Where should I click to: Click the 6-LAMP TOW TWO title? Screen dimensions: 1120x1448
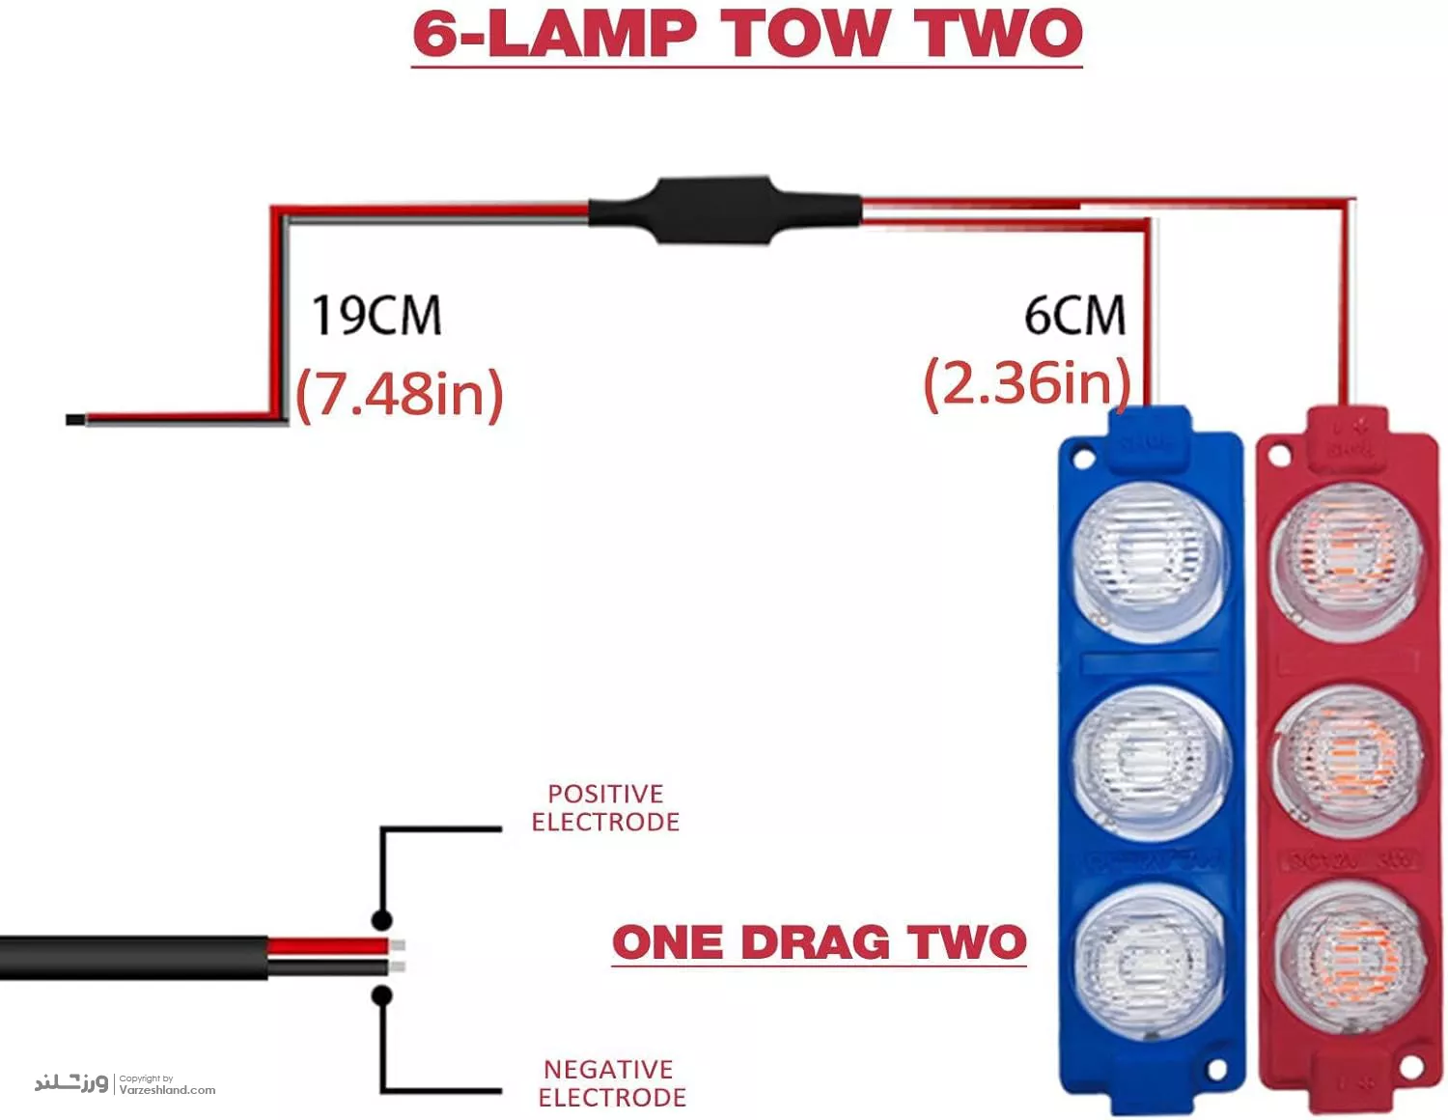(x=747, y=34)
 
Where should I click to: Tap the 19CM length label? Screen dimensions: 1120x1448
(x=376, y=316)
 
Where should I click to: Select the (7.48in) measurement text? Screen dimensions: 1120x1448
(x=400, y=393)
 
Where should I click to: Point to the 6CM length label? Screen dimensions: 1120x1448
(x=1074, y=316)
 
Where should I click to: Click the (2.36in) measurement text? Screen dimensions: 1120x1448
(x=1026, y=383)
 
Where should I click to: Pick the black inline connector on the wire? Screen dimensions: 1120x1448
(x=724, y=210)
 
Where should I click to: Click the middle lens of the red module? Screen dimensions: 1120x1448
(x=1349, y=760)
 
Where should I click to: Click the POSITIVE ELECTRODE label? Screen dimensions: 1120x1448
(x=605, y=808)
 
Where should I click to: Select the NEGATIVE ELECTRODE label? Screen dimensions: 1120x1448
(x=612, y=1083)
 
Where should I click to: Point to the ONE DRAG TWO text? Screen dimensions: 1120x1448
(x=819, y=943)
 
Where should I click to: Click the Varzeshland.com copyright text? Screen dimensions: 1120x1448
(x=166, y=1089)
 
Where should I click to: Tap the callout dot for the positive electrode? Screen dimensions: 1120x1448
(x=382, y=918)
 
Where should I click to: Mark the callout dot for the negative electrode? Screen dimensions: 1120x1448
(x=382, y=995)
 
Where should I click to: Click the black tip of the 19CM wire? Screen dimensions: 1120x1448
(x=74, y=420)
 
